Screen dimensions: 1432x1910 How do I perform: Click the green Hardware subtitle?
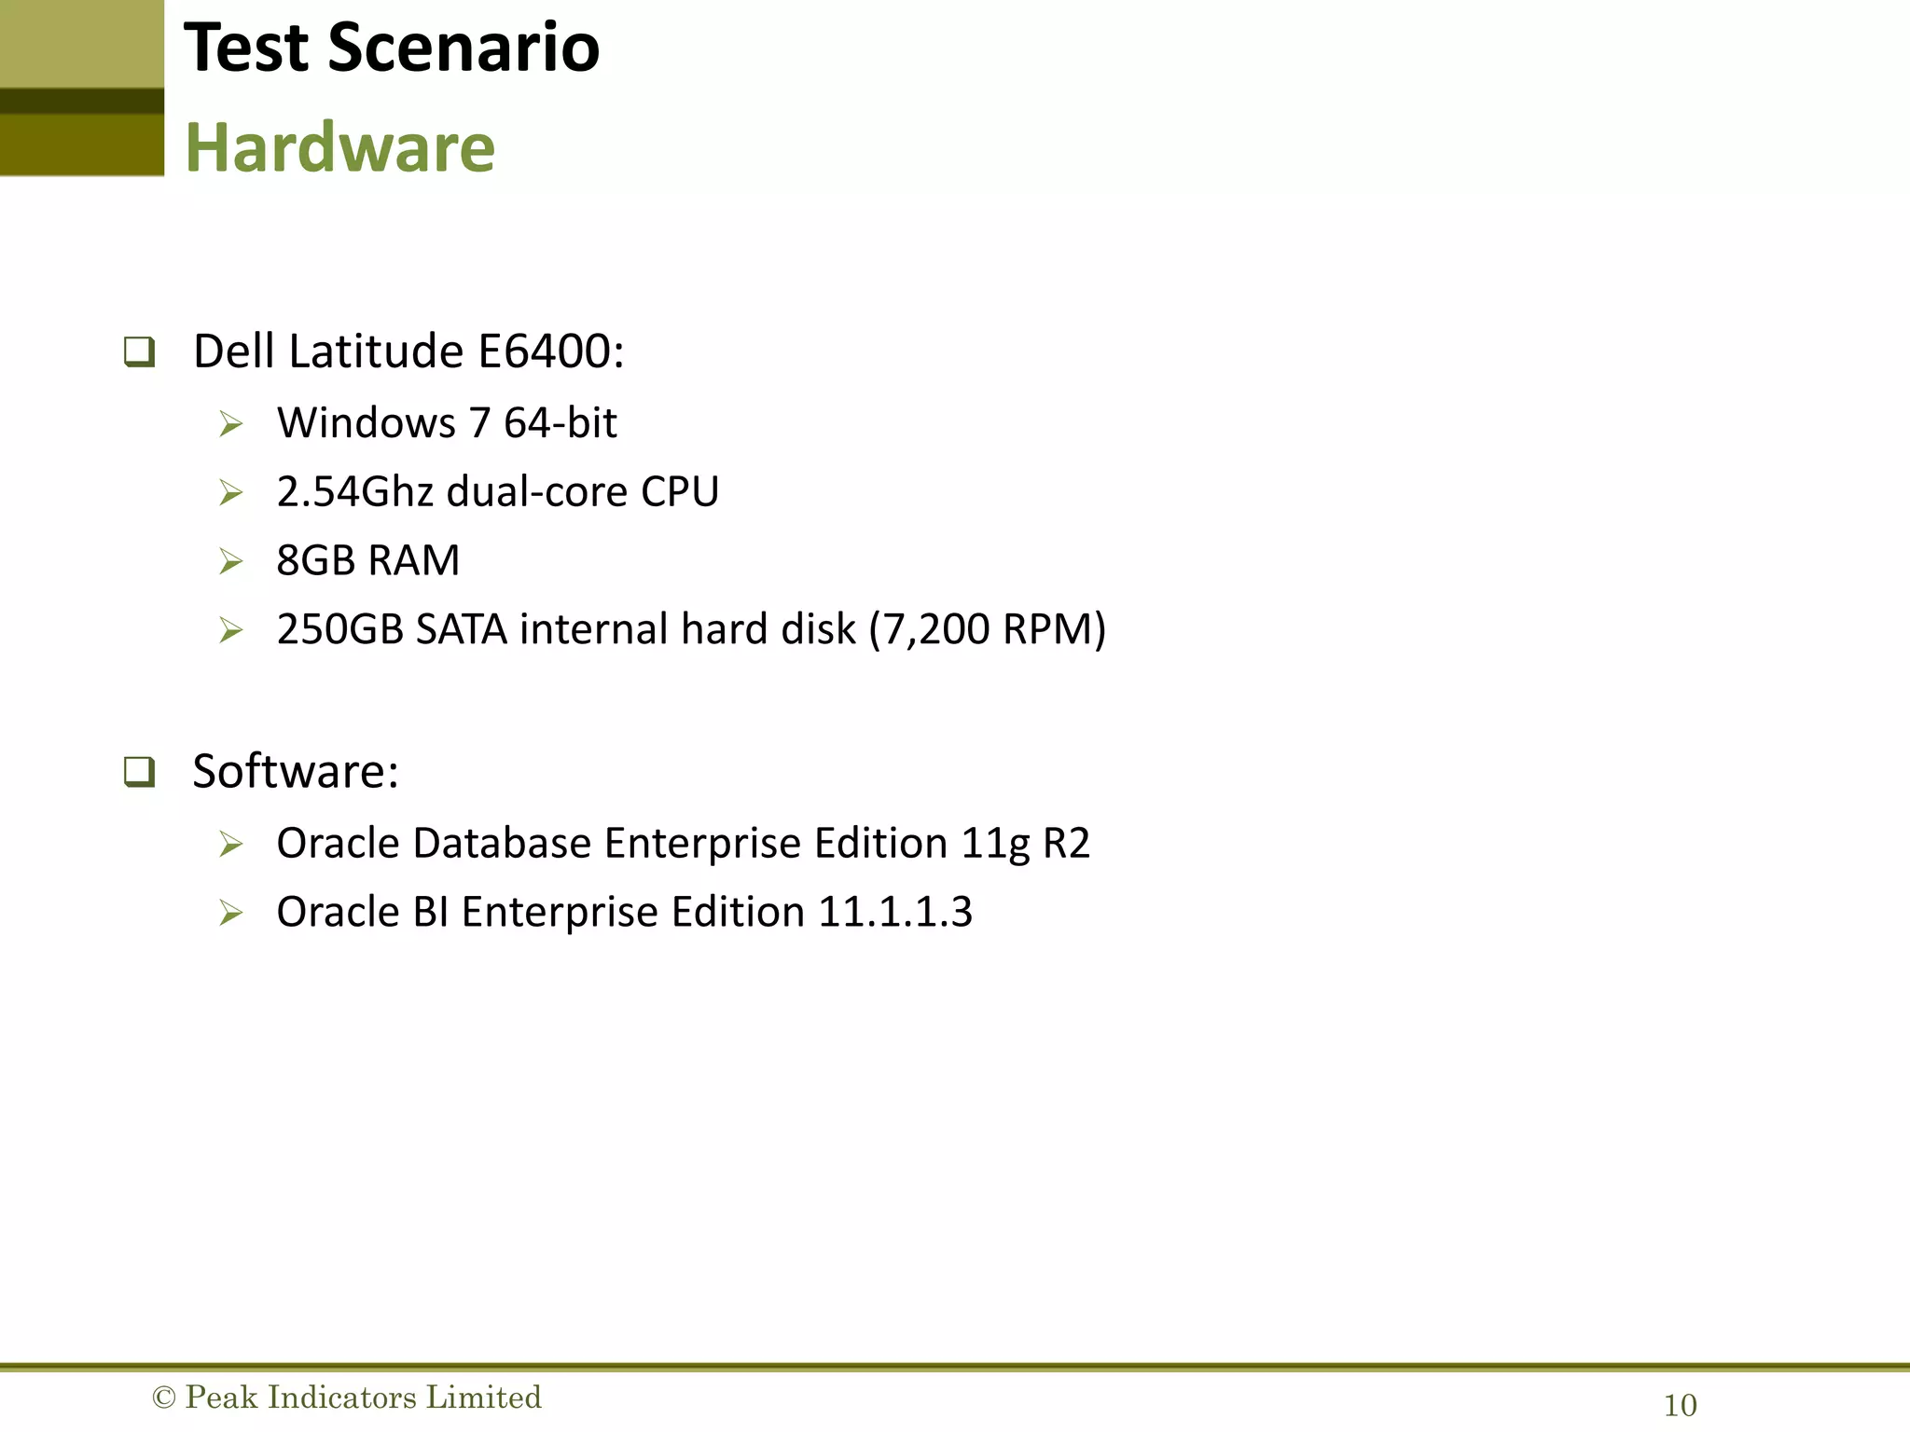click(339, 147)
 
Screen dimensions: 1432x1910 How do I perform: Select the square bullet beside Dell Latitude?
click(139, 352)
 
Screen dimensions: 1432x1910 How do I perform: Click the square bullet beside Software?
click(139, 772)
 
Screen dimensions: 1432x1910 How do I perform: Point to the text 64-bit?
click(560, 422)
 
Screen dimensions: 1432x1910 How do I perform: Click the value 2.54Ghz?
click(354, 491)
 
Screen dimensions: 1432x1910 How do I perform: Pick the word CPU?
click(679, 491)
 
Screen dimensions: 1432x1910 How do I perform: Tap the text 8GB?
click(315, 560)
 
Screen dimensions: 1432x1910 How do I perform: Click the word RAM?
click(413, 560)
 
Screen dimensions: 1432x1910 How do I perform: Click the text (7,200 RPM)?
click(987, 629)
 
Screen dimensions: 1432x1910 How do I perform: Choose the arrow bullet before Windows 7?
click(230, 424)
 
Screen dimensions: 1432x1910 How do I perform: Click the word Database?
click(502, 843)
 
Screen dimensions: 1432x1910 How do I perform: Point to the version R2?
click(1065, 843)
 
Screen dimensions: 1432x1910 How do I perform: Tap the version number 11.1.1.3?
click(894, 912)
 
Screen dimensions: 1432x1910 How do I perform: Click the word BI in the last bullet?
click(430, 912)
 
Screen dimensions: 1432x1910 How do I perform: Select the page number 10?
click(1680, 1405)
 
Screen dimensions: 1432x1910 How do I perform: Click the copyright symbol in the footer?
click(163, 1398)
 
